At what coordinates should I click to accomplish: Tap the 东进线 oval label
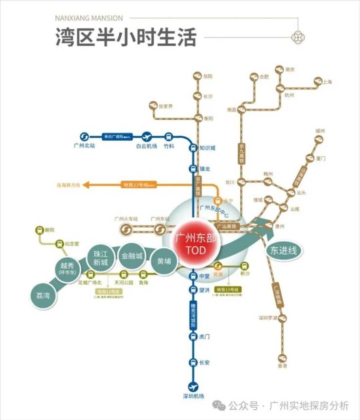284,251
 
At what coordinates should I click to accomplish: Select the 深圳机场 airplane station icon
194,386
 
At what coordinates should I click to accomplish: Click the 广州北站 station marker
83,137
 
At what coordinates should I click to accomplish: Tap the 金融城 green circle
132,256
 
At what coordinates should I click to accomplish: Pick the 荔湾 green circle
43,295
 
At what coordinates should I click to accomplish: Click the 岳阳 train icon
197,76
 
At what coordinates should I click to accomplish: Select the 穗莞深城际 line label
194,313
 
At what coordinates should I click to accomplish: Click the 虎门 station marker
194,336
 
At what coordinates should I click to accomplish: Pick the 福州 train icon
319,139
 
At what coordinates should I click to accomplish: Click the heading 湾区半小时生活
126,37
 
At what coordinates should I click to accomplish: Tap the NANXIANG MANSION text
89,18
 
